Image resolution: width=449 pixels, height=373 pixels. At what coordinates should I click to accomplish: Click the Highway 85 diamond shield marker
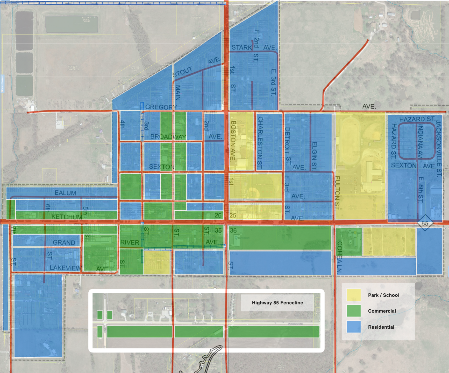425,223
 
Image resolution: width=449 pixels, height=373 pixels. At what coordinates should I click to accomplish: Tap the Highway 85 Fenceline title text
277,303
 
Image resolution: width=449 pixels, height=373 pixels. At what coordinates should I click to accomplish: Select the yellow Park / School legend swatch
353,295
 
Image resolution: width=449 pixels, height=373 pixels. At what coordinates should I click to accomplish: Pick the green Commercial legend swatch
353,311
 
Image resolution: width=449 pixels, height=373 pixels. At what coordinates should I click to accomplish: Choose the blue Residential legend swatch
353,327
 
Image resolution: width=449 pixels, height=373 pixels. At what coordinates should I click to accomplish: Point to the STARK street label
241,47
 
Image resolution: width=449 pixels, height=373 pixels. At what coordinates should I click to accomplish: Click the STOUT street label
182,72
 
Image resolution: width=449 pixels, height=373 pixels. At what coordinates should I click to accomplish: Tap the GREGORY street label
161,107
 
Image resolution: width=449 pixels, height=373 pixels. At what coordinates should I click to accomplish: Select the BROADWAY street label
168,137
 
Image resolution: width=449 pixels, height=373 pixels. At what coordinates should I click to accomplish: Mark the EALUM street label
65,193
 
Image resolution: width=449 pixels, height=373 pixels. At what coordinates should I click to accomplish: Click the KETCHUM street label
67,217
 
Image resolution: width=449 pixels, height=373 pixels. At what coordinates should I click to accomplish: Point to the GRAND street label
64,243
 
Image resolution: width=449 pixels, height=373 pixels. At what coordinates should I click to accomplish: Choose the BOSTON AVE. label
233,140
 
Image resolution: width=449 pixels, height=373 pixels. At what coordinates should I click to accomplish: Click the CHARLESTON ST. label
260,143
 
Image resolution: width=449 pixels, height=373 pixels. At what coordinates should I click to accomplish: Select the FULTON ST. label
337,193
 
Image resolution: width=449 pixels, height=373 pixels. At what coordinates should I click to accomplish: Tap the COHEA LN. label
339,257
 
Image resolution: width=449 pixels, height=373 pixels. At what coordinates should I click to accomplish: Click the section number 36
233,230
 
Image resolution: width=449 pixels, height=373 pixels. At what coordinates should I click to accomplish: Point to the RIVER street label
130,243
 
